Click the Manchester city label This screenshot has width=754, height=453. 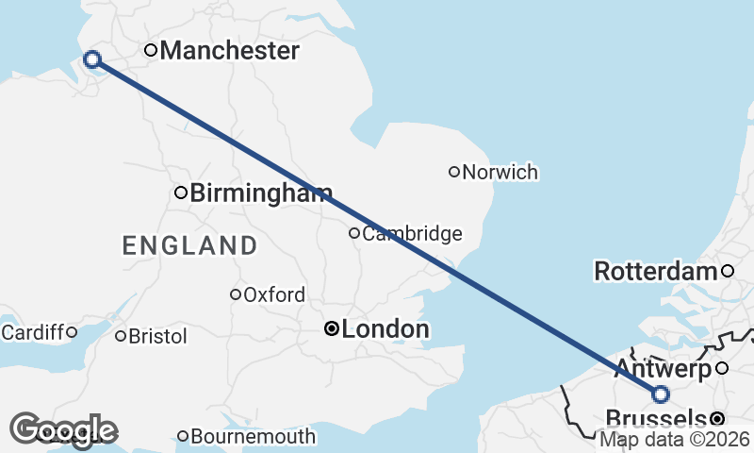click(229, 51)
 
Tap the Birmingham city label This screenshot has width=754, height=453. click(260, 194)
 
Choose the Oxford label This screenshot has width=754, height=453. click(273, 294)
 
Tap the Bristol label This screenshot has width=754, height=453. click(157, 336)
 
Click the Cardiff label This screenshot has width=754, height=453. click(32, 332)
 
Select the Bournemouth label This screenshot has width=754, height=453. click(253, 437)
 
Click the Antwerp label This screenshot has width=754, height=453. click(663, 369)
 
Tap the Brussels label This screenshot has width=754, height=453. click(655, 418)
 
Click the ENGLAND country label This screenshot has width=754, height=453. click(189, 246)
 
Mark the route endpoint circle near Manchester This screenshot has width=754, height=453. click(92, 59)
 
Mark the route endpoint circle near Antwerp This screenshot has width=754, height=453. click(661, 394)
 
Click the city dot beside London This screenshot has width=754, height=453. click(331, 329)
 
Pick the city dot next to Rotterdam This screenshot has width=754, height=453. click(728, 272)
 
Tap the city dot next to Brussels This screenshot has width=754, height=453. click(718, 418)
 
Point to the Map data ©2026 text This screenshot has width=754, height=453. click(675, 439)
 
